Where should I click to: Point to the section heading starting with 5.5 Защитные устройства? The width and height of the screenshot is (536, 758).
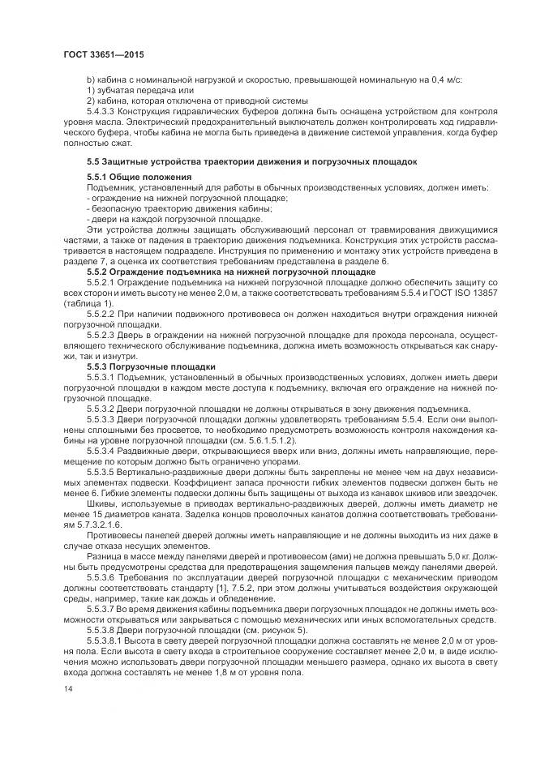[x=251, y=161]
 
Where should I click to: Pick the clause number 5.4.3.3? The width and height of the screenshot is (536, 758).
[x=103, y=109]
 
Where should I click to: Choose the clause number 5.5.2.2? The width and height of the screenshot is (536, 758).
[x=103, y=312]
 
